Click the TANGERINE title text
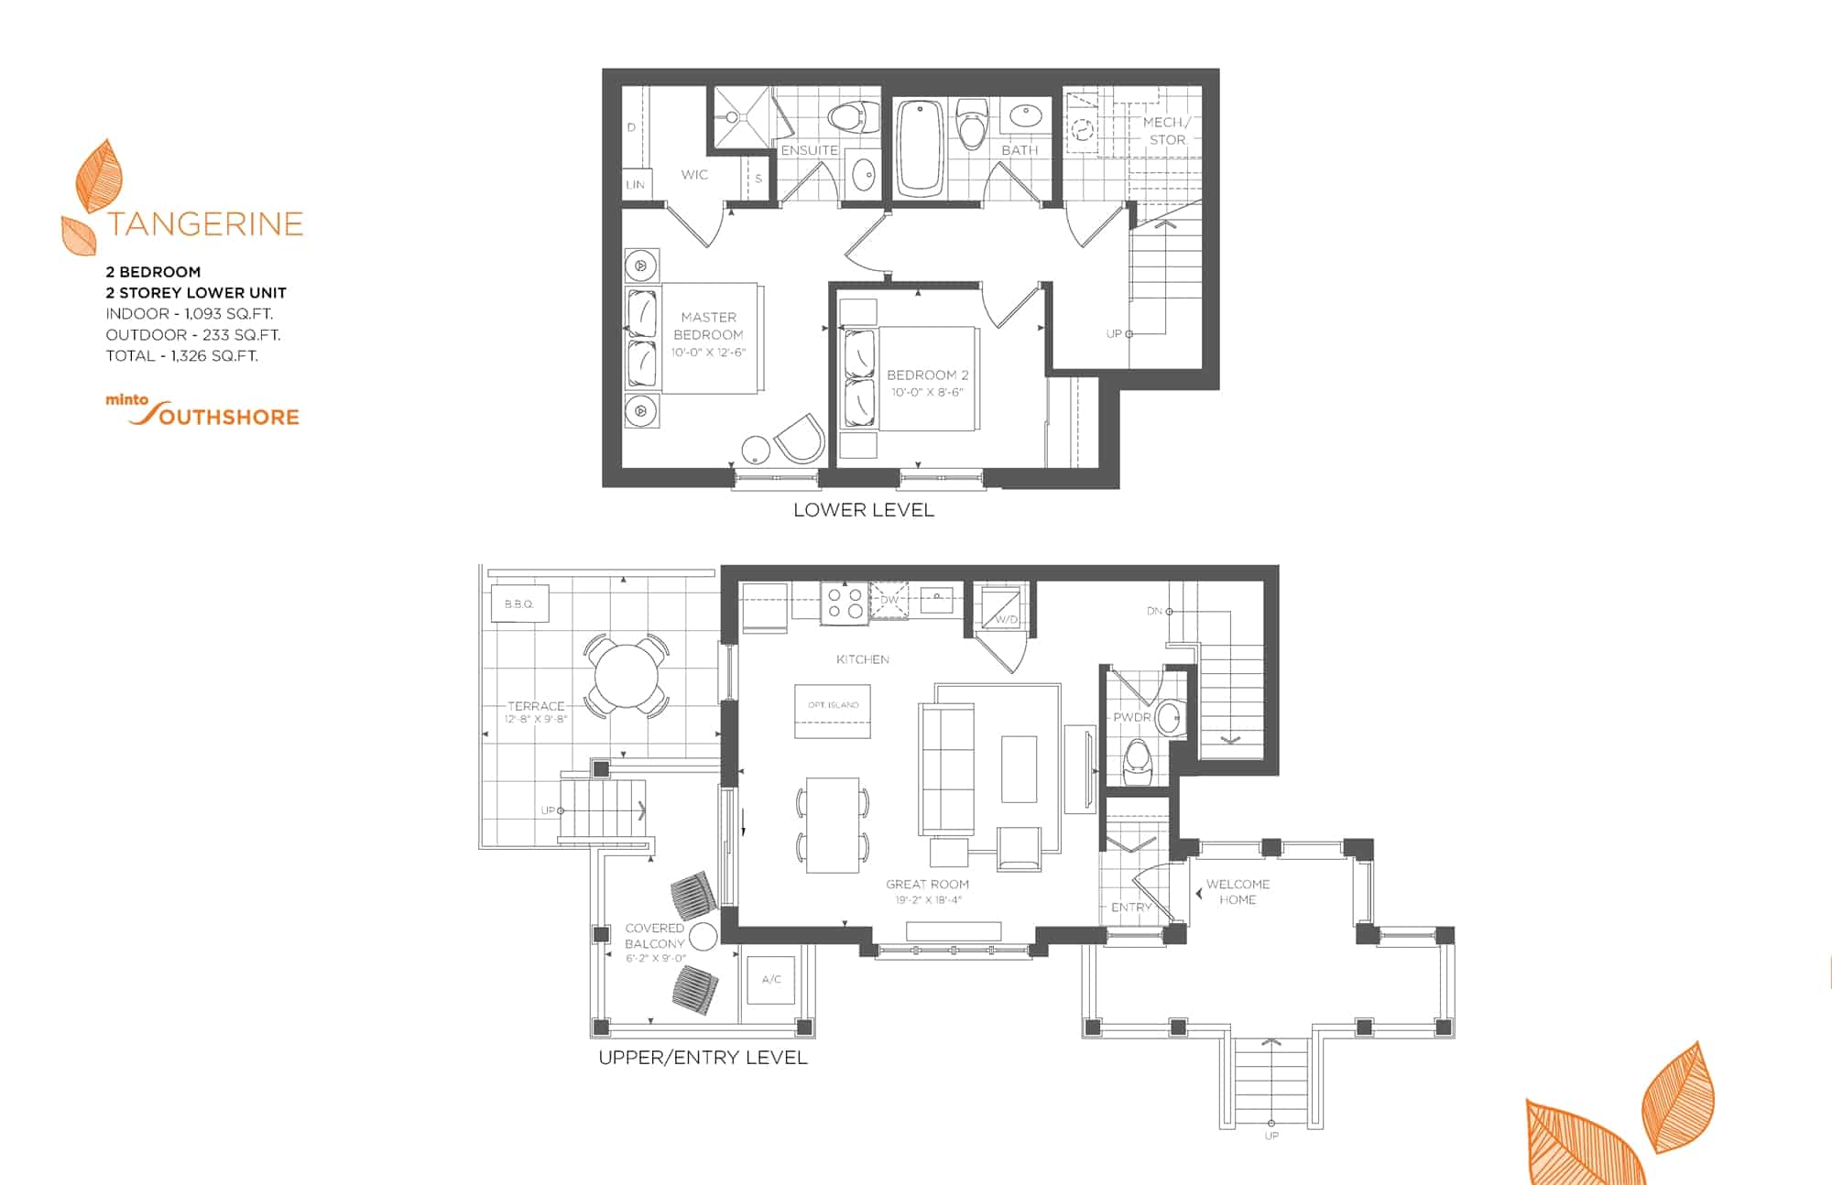click(204, 224)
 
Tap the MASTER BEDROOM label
click(708, 326)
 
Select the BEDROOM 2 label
click(927, 375)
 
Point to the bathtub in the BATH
click(919, 147)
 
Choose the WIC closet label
click(694, 174)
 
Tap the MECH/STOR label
click(1167, 131)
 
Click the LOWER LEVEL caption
click(864, 510)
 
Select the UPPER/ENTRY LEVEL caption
click(703, 1058)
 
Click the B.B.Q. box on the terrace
click(518, 603)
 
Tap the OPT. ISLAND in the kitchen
click(833, 711)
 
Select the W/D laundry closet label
click(1006, 620)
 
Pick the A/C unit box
click(771, 980)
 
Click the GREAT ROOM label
click(927, 884)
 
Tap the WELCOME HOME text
click(1238, 892)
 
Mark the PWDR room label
click(1132, 717)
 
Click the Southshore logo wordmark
click(215, 414)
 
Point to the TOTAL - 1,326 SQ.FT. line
click(182, 355)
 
